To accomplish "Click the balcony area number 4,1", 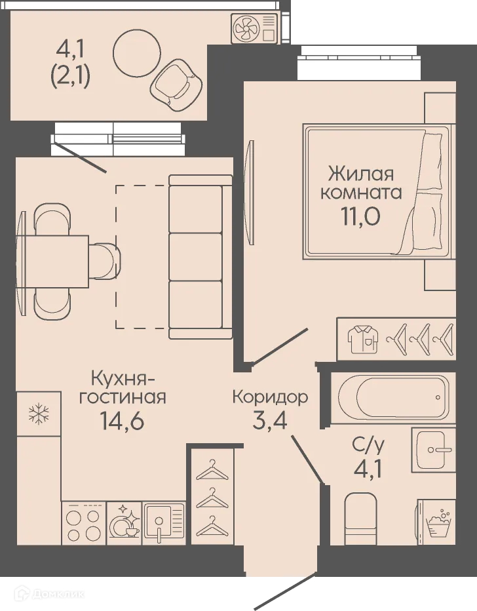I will [x=69, y=49].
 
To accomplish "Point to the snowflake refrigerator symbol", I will [x=39, y=414].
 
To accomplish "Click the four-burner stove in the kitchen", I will [x=83, y=524].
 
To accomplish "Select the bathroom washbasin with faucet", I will [x=433, y=449].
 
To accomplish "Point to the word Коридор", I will [x=270, y=397].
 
